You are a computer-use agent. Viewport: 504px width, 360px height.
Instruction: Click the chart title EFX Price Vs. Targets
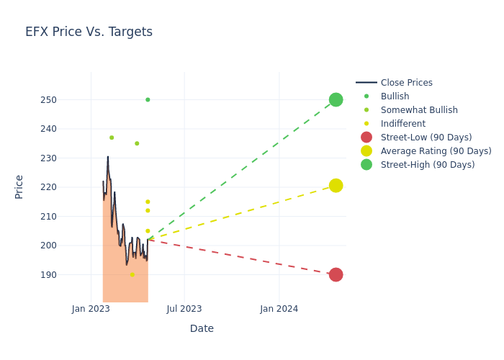click(x=89, y=32)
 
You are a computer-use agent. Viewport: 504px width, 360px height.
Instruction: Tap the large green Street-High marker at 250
click(x=336, y=99)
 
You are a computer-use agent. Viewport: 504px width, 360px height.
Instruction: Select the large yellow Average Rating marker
click(x=336, y=186)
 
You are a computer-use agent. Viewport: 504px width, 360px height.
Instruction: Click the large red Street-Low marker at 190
click(x=336, y=274)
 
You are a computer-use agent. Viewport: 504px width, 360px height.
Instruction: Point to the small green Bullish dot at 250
click(x=148, y=99)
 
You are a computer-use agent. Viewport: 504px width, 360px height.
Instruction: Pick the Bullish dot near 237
click(x=112, y=138)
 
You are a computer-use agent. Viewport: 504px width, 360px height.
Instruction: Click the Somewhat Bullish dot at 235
click(x=137, y=143)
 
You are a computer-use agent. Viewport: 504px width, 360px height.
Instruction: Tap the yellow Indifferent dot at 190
click(x=132, y=274)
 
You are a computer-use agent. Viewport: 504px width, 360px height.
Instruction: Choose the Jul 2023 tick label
click(x=184, y=309)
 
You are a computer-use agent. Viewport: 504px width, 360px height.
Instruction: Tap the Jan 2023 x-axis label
click(x=91, y=309)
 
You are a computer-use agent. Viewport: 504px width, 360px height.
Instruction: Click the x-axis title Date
click(x=202, y=328)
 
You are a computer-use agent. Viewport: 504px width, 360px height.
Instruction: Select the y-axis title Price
click(x=19, y=186)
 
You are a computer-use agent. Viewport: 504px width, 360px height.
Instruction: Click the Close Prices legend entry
click(x=406, y=83)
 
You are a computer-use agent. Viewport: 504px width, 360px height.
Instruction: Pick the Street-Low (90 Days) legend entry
click(x=426, y=138)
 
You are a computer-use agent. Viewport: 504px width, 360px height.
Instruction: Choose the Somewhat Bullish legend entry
click(x=418, y=110)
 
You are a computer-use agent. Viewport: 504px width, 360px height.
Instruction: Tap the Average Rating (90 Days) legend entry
click(x=436, y=151)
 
